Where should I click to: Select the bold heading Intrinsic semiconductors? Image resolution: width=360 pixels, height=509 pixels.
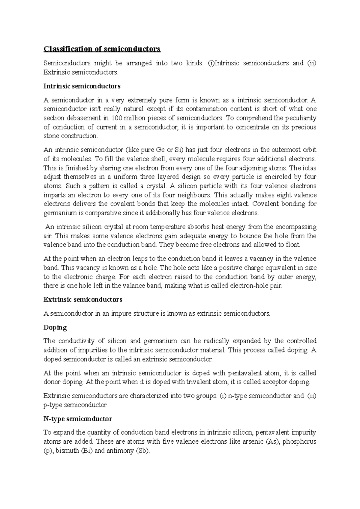pyautogui.click(x=82, y=86)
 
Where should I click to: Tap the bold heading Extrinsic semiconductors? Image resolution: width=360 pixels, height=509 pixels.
pyautogui.click(x=83, y=299)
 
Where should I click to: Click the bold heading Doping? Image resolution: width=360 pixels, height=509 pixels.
pyautogui.click(x=55, y=327)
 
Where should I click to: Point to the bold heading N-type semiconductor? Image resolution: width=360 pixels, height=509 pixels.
pyautogui.click(x=78, y=419)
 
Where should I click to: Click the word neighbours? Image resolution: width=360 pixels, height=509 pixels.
pyautogui.click(x=194, y=195)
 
